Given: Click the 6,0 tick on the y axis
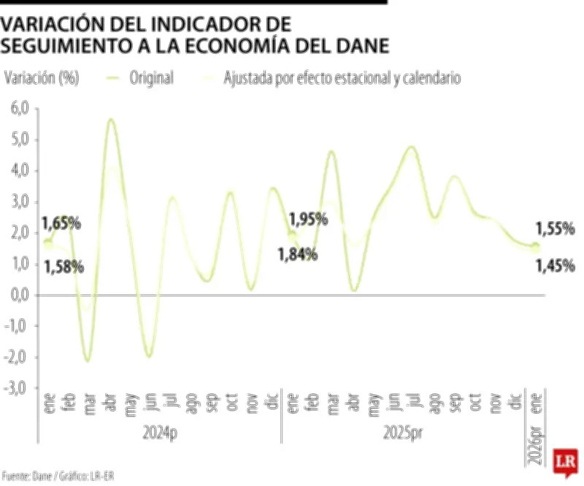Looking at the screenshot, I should click(x=15, y=109).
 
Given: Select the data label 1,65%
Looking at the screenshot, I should click(x=60, y=222).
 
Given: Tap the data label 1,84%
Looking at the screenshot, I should click(x=296, y=254).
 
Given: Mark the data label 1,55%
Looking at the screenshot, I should click(x=555, y=229).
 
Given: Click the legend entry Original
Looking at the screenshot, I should click(x=151, y=78).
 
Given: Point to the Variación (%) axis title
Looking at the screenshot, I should click(x=42, y=78).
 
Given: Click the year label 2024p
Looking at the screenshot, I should click(x=159, y=433).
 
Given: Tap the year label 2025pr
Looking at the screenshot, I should click(x=403, y=433).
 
